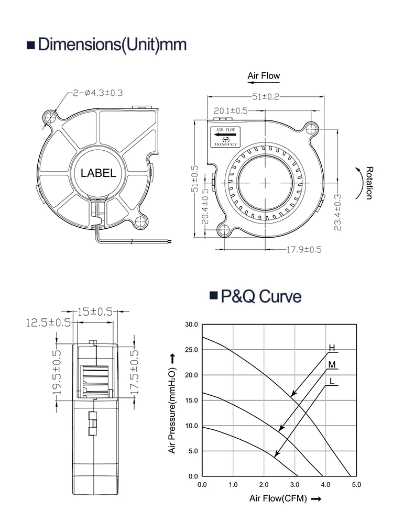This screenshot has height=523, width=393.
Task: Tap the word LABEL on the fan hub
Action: click(98, 173)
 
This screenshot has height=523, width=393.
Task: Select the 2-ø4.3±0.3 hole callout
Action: click(97, 93)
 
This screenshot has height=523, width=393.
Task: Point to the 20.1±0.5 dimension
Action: click(231, 110)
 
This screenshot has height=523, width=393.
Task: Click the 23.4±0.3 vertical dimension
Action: click(337, 212)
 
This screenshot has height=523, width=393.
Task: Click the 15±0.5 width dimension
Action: click(95, 311)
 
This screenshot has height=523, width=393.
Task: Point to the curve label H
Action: click(331, 348)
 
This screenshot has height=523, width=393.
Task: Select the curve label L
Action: click(331, 381)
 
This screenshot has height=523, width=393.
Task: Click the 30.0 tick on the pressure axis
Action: click(192, 325)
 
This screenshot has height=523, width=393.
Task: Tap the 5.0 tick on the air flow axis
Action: click(356, 485)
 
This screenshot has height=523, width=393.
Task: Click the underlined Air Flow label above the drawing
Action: click(264, 76)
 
